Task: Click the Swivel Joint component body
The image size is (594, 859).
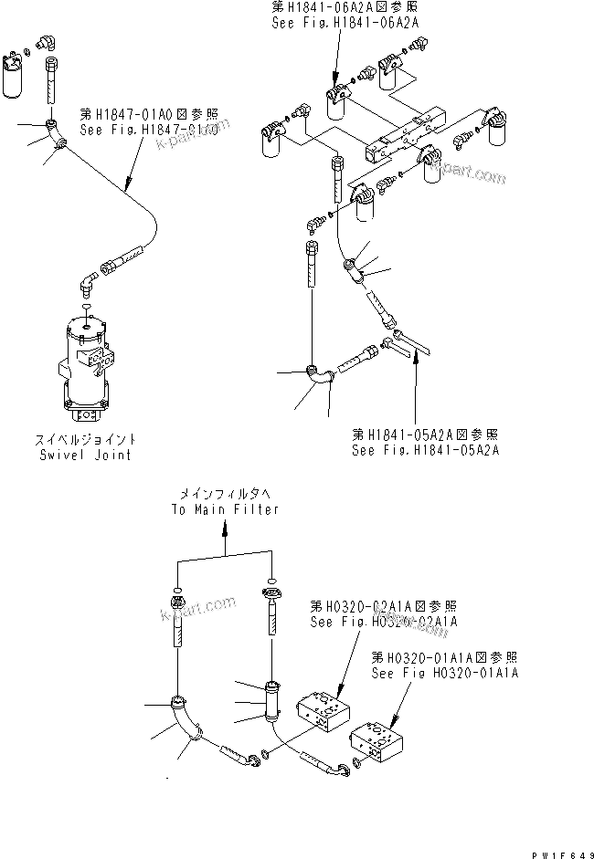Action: pyautogui.click(x=87, y=366)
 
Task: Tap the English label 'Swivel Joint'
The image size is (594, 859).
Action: pyautogui.click(x=85, y=455)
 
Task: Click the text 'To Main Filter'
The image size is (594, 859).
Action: pyautogui.click(x=225, y=509)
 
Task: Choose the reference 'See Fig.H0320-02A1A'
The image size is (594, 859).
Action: pyautogui.click(x=384, y=622)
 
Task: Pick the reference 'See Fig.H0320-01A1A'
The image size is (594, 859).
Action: pyautogui.click(x=445, y=673)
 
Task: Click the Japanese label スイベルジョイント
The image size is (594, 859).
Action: pyautogui.click(x=85, y=441)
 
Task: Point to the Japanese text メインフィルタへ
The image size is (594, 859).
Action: pyautogui.click(x=225, y=495)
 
